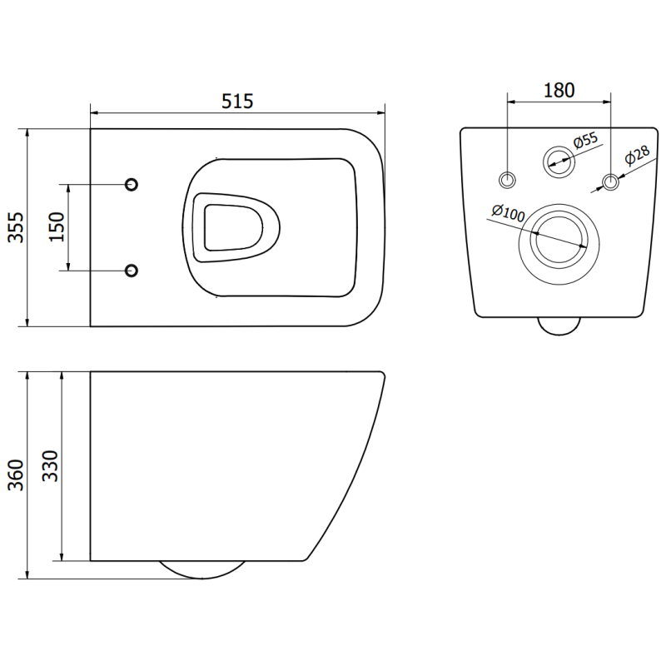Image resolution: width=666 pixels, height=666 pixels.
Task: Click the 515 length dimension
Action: [237, 101]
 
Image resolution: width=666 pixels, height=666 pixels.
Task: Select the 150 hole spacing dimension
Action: [57, 226]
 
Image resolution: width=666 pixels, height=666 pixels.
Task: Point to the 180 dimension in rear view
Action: [559, 90]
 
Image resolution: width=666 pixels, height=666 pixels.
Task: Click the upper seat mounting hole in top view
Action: [131, 184]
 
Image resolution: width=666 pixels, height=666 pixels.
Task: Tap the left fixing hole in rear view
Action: [508, 179]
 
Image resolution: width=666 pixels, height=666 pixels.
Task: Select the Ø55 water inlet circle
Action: [558, 161]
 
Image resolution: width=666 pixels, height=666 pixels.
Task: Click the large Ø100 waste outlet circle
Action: [559, 238]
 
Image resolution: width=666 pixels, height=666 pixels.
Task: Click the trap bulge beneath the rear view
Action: [559, 326]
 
